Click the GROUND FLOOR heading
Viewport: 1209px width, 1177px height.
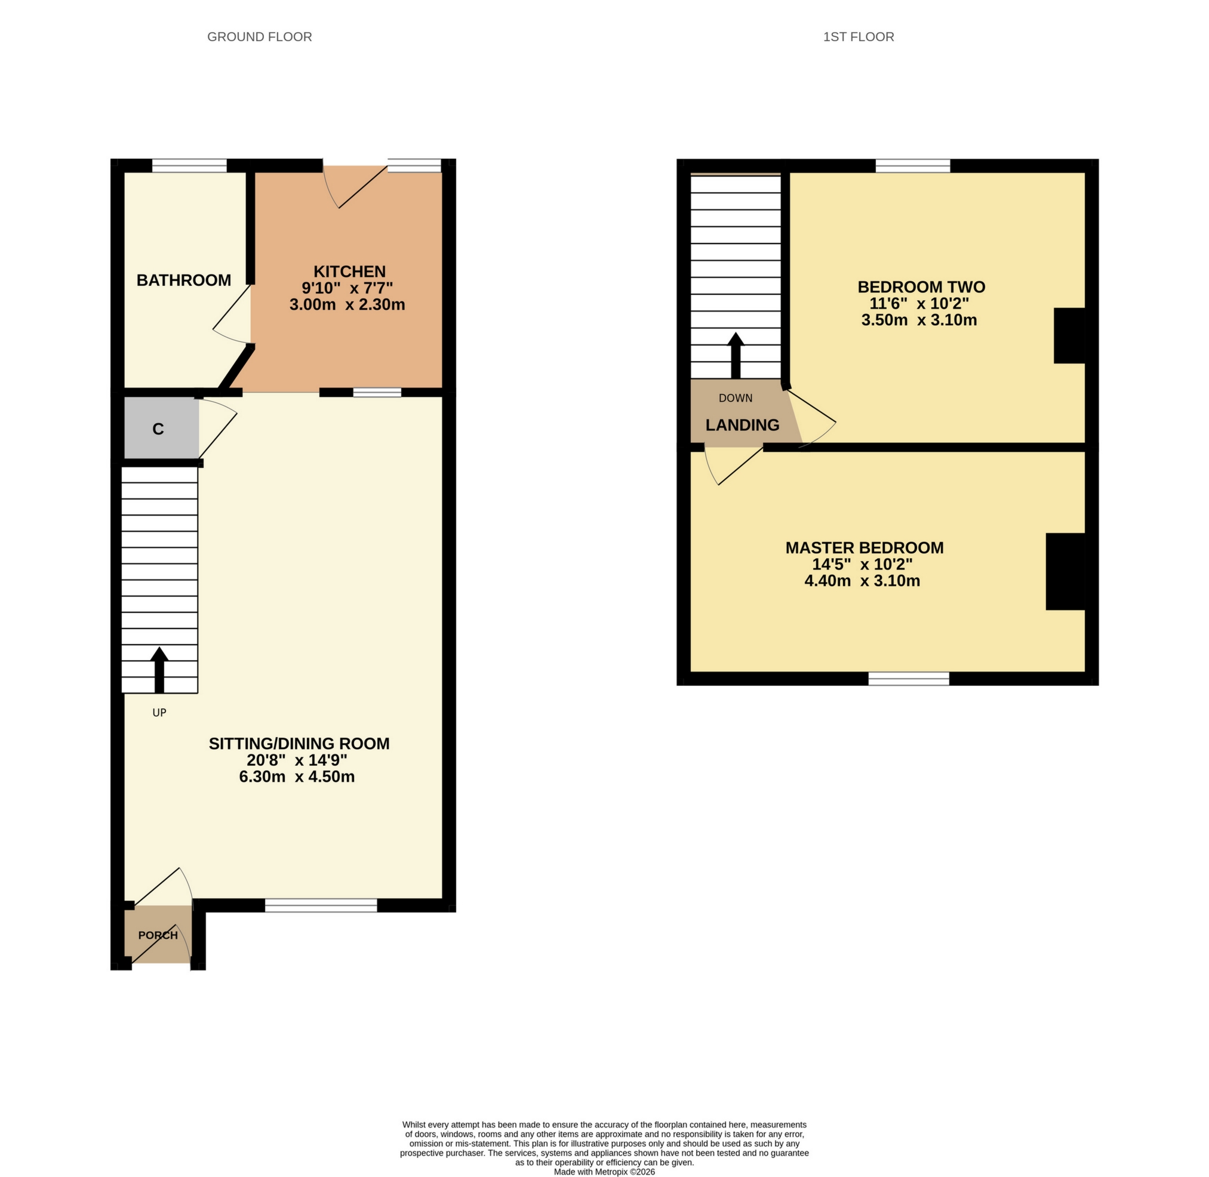259,37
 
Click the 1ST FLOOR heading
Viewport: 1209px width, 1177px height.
858,37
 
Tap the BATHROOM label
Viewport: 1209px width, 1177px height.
184,281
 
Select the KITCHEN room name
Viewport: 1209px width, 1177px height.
349,272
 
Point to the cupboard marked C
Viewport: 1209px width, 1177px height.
158,429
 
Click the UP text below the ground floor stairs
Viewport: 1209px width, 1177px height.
159,713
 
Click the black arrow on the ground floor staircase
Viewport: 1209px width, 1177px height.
159,670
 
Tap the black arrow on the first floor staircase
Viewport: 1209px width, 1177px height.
736,356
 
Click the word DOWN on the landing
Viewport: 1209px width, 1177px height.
736,398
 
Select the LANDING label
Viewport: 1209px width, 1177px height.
742,426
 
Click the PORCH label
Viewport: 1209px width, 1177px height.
158,935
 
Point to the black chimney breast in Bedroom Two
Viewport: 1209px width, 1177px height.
1069,335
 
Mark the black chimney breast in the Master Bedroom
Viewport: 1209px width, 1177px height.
1065,571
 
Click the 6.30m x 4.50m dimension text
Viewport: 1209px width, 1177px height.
297,777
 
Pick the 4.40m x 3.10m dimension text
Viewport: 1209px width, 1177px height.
862,581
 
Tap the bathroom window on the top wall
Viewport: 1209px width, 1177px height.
189,165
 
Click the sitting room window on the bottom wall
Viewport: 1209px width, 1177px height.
321,905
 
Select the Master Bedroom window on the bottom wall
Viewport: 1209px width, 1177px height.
909,678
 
